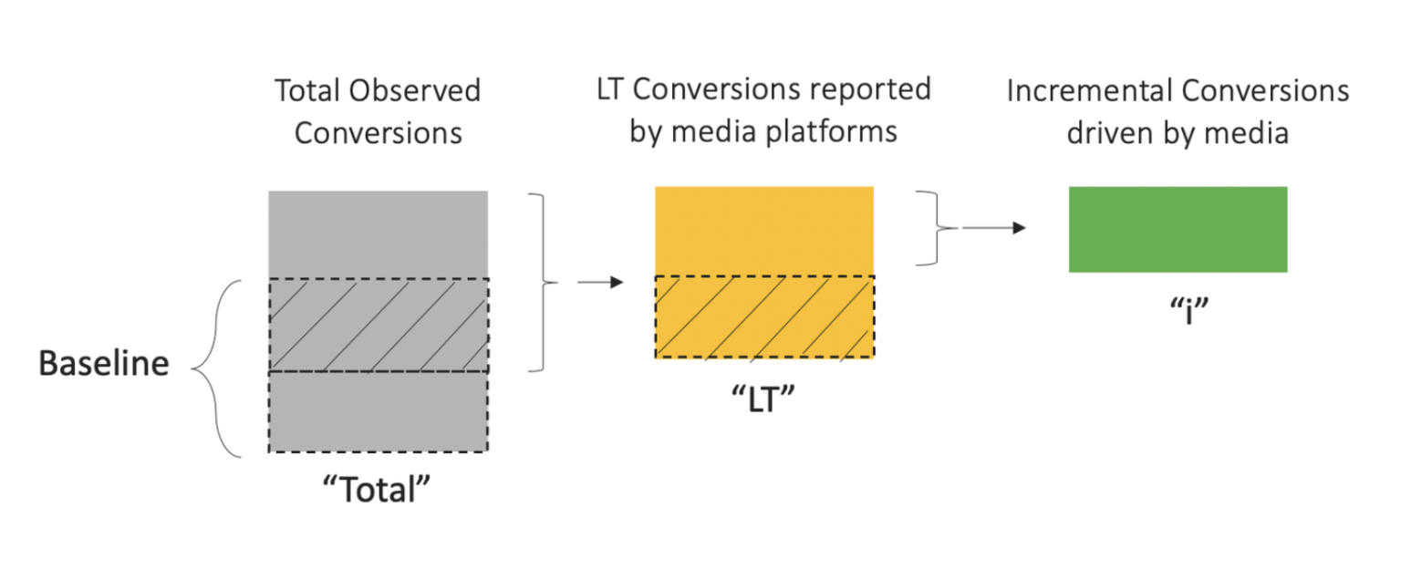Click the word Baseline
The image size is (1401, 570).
click(x=103, y=364)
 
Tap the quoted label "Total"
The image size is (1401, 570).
click(x=378, y=491)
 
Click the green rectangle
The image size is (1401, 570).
click(x=1178, y=229)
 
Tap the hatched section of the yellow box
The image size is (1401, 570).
click(x=764, y=316)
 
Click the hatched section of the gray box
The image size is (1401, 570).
click(x=378, y=325)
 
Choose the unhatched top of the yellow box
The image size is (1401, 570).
click(x=764, y=230)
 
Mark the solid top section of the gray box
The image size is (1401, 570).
click(x=378, y=234)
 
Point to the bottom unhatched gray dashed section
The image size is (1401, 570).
click(x=378, y=411)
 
